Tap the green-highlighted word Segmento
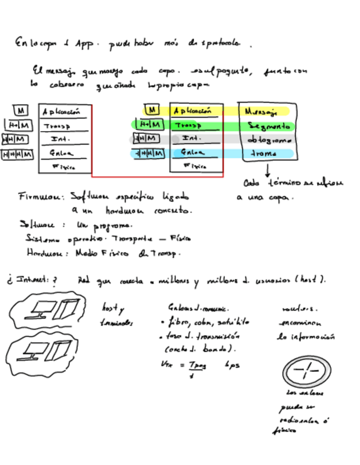pyautogui.click(x=268, y=126)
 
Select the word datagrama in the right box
pyautogui.click(x=267, y=140)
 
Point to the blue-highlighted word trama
pyautogui.click(x=263, y=154)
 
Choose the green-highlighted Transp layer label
pyautogui.click(x=190, y=126)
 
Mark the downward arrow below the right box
pyautogui.click(x=267, y=170)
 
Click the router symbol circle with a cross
pyautogui.click(x=307, y=373)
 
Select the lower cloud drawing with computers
pyautogui.click(x=47, y=354)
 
